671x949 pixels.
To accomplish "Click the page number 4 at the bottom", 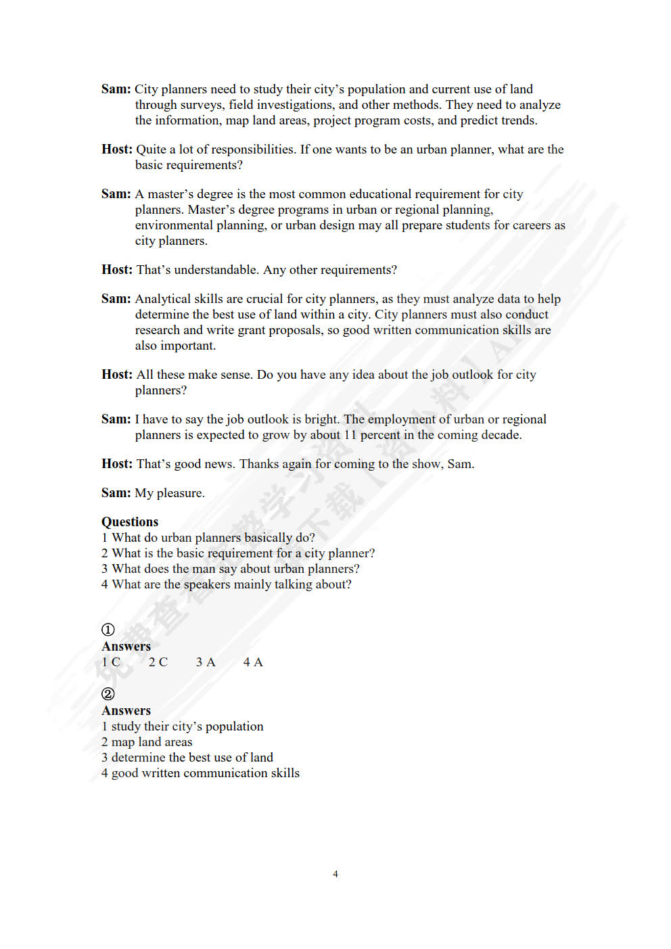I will (x=335, y=874).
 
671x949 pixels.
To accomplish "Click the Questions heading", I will (x=130, y=522).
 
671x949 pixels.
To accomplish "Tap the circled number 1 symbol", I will (x=108, y=630).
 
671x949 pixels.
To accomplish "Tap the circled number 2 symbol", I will (x=108, y=694).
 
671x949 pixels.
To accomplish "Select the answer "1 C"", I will (x=111, y=662).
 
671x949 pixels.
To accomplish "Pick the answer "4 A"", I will (x=253, y=662).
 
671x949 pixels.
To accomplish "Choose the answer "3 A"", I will (x=206, y=662).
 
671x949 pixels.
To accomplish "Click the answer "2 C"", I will (x=158, y=662).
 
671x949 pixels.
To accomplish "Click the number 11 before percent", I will (x=350, y=435).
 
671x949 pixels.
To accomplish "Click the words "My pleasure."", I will (x=170, y=493).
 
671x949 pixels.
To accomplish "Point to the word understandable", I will (x=216, y=270).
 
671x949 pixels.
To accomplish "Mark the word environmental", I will (x=174, y=225).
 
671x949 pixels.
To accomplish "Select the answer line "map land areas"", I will (x=147, y=742).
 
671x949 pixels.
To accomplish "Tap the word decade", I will (x=500, y=435).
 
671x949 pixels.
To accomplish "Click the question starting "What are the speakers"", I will (x=227, y=584).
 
